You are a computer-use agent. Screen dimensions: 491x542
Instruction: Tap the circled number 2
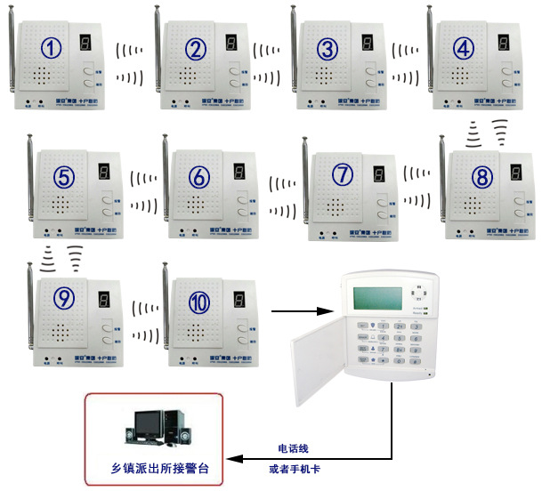point(196,48)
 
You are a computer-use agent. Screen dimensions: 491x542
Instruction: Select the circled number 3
point(328,48)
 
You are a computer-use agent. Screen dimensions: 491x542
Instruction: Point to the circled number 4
point(464,48)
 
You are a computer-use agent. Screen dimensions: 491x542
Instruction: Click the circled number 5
point(63,176)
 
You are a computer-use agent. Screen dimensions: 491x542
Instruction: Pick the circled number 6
point(199,176)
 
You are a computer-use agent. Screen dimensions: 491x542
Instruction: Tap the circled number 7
point(343,175)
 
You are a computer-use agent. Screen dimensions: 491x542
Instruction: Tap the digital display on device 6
point(238,173)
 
